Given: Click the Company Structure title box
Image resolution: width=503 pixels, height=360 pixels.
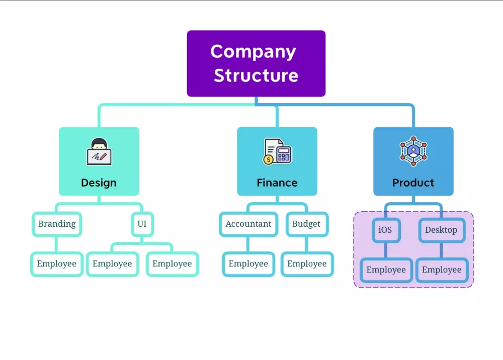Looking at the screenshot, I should (x=256, y=63).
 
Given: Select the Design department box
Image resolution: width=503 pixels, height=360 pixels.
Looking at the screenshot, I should (x=99, y=161).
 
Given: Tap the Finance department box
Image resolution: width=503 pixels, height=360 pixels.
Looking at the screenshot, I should (x=277, y=161).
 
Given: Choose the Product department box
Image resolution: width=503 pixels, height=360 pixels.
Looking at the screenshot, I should (x=413, y=161).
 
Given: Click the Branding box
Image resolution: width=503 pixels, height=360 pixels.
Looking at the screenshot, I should (x=57, y=224).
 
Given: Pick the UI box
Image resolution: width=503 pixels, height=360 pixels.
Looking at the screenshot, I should (x=142, y=224).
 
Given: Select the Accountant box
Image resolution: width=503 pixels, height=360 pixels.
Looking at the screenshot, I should (x=248, y=224).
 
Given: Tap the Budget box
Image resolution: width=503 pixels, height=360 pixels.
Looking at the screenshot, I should (x=306, y=224).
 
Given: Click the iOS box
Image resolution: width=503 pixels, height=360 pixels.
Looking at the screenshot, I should (x=385, y=230).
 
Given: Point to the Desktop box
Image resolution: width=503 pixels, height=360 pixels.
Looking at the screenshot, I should (x=441, y=230).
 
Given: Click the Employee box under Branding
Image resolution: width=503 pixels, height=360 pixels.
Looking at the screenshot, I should (x=57, y=264).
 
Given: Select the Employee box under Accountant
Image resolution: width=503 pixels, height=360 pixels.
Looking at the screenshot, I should (x=248, y=264).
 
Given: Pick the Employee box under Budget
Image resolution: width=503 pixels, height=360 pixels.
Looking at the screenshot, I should (x=307, y=264).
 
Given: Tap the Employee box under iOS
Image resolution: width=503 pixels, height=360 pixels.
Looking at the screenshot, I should (x=386, y=270).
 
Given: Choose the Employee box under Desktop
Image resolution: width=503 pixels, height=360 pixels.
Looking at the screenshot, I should (x=442, y=270).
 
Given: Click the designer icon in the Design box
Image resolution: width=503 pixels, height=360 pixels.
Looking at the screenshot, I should (x=99, y=151).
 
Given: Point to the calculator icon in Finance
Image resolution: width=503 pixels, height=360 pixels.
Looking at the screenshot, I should (x=277, y=151).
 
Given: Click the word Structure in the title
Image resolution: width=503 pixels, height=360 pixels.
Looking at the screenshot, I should (x=256, y=75).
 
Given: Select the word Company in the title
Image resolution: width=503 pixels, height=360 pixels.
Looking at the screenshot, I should (x=253, y=51).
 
